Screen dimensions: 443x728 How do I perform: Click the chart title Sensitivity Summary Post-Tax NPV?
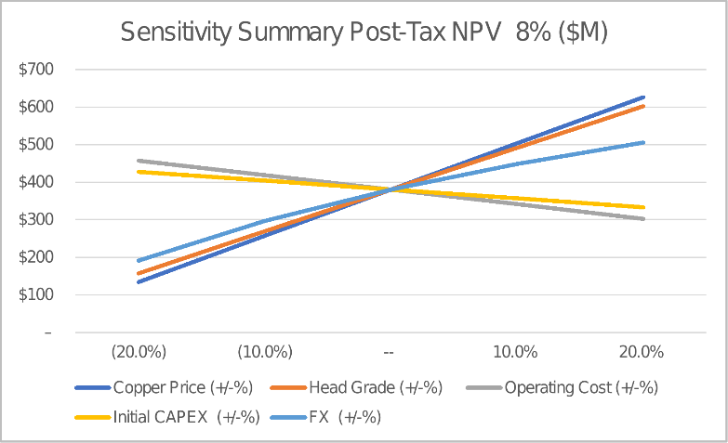(364, 33)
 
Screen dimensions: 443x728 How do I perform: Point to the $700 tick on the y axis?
(37, 70)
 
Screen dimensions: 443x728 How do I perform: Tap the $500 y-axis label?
(37, 145)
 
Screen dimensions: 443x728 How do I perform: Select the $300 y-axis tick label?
(37, 220)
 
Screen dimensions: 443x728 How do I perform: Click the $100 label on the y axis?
(37, 295)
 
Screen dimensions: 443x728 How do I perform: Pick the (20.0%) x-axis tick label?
(139, 352)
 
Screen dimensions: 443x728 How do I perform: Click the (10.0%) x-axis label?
(264, 352)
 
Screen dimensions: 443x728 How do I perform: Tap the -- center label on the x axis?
(390, 352)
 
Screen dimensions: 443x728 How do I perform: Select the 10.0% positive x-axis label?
(515, 352)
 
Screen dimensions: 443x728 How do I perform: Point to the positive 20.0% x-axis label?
(641, 352)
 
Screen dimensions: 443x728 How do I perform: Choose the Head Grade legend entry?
(356, 387)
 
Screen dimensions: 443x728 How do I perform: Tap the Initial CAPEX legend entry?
(167, 418)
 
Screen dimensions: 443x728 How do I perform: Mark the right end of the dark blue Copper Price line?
(643, 97)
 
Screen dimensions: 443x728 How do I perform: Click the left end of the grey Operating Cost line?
(138, 161)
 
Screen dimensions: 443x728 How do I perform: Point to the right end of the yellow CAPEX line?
(643, 207)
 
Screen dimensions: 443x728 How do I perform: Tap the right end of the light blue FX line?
(643, 142)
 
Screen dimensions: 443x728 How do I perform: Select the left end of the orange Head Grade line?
(138, 274)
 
